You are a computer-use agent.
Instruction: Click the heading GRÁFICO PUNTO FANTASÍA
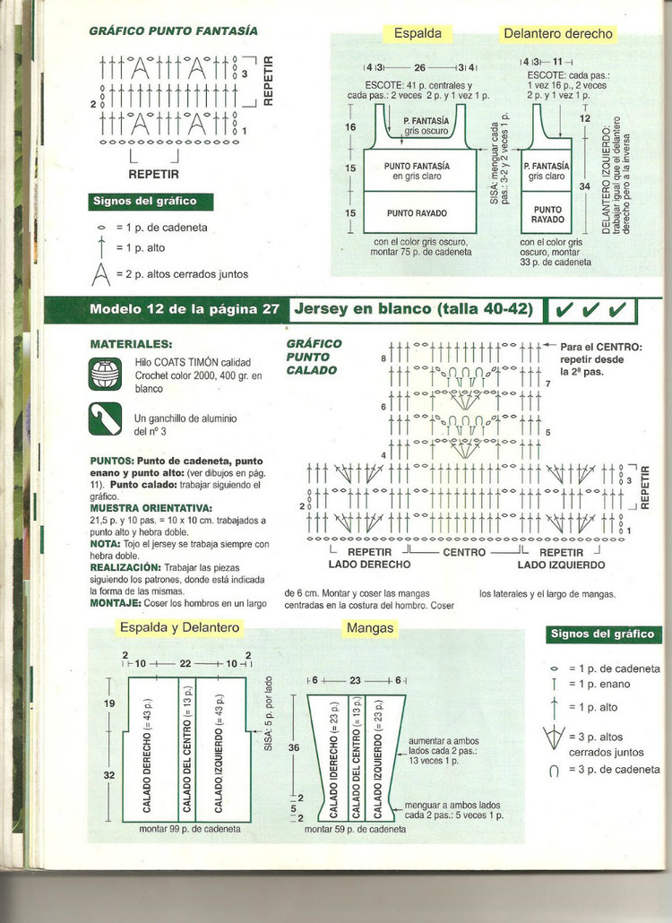tap(173, 30)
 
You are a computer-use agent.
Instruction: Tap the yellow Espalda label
tap(418, 33)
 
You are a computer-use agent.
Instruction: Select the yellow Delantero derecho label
tap(558, 34)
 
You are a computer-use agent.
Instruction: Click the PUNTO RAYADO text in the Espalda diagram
tap(418, 213)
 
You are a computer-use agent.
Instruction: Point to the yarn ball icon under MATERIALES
tap(105, 373)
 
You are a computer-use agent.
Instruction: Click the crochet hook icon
tap(105, 418)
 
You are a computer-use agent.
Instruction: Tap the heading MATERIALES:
tap(133, 343)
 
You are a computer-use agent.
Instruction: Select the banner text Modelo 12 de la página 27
tap(185, 309)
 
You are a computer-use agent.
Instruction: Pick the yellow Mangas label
tap(369, 628)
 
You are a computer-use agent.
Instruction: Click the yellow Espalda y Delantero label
tap(179, 628)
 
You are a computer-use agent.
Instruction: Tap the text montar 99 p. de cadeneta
tap(190, 829)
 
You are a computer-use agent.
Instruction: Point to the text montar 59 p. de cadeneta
tap(355, 829)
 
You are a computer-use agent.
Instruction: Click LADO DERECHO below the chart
tap(370, 565)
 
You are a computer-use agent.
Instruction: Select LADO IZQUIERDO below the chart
tap(561, 565)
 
